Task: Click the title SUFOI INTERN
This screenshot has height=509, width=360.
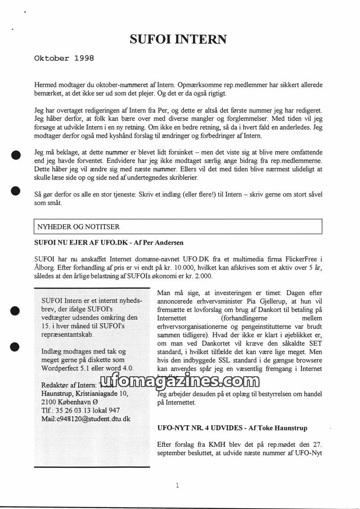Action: point(178,40)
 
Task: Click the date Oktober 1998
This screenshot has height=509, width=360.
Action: point(64,58)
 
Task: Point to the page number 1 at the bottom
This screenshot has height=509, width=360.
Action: point(177,485)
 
